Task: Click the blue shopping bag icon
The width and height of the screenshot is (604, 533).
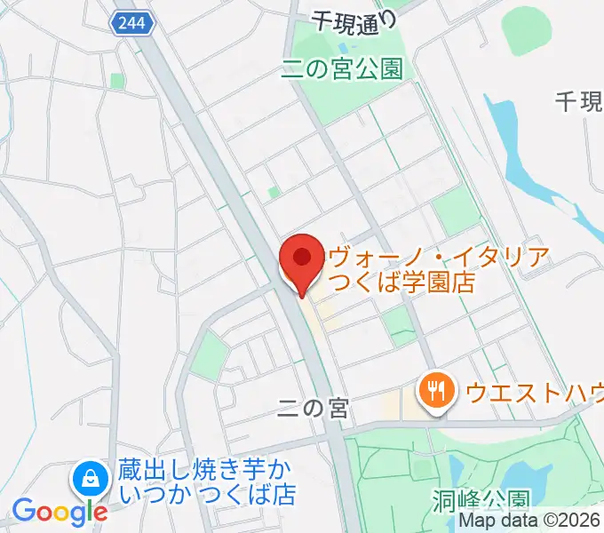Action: click(x=91, y=480)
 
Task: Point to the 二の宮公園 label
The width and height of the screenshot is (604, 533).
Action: click(x=342, y=68)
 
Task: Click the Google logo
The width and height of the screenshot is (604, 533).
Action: click(x=60, y=512)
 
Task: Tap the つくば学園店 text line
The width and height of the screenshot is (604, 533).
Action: click(x=400, y=283)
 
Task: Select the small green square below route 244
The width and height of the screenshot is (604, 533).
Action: click(x=116, y=80)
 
